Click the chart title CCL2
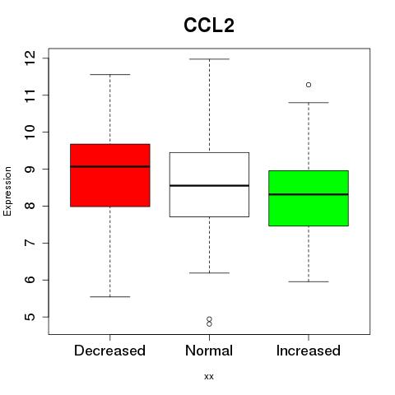[x=209, y=26]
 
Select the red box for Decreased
[x=110, y=175]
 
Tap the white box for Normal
[x=209, y=184]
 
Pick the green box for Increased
[x=309, y=198]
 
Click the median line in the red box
[x=110, y=166]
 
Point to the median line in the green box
[x=309, y=194]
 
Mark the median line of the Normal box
[x=209, y=186]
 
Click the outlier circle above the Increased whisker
[x=309, y=85]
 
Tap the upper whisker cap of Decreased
[x=110, y=74]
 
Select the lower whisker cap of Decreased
[x=110, y=296]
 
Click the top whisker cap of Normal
[x=209, y=59]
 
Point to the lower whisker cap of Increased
[x=309, y=281]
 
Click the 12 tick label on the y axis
[x=30, y=58]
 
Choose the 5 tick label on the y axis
[x=30, y=317]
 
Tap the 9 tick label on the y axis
[x=30, y=169]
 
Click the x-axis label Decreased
[x=109, y=351]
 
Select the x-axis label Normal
[x=209, y=351]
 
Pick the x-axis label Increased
[x=309, y=351]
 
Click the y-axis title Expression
[x=7, y=191]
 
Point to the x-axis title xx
[x=209, y=377]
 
